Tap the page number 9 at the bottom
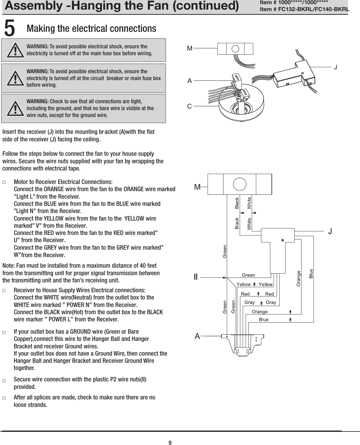170,443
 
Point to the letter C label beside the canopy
189,106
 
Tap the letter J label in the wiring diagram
330,231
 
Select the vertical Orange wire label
298,278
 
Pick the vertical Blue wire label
311,274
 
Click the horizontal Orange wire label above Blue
260,312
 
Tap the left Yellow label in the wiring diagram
244,284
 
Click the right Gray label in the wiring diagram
271,302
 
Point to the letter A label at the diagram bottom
197,336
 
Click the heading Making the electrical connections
91,29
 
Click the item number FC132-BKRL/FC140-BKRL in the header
304,9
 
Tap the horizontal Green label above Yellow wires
248,275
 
